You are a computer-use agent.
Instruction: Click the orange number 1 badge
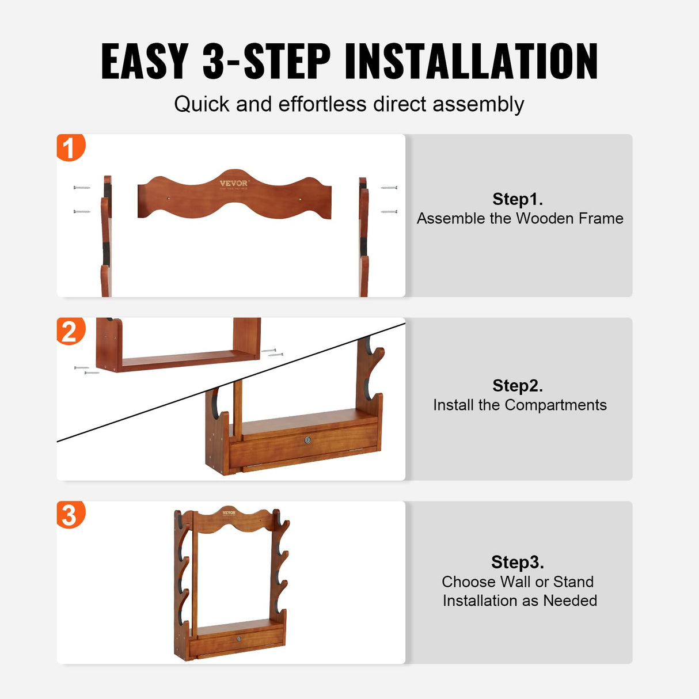click(70, 147)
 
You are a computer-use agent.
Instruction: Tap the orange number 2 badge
click(70, 331)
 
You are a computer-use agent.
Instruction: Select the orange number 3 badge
click(70, 514)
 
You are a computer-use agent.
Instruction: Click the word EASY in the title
click(145, 61)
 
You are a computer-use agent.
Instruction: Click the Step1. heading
click(518, 199)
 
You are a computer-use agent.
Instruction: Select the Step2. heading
click(518, 386)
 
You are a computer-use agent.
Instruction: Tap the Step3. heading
click(518, 562)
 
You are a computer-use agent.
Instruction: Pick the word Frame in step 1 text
click(601, 219)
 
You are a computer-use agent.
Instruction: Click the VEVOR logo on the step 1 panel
click(234, 184)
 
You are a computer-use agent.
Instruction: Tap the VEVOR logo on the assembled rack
click(229, 512)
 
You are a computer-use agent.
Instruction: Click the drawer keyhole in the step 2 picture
click(307, 440)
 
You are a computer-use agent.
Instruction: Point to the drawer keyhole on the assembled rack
click(238, 639)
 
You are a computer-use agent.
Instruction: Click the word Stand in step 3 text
click(573, 582)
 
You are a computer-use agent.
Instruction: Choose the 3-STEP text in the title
click(267, 61)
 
